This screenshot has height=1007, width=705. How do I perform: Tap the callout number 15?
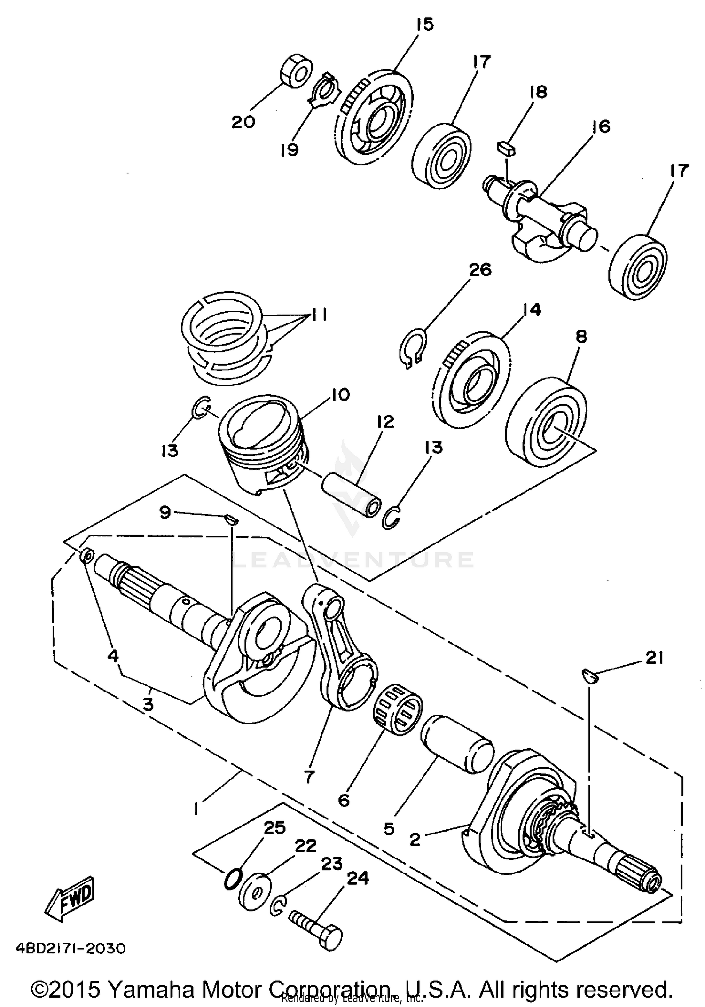pyautogui.click(x=424, y=24)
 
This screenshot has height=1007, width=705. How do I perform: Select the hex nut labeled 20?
pyautogui.click(x=296, y=72)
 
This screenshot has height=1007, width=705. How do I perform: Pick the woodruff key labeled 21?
pyautogui.click(x=588, y=676)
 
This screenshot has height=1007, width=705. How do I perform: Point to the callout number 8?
pyautogui.click(x=581, y=337)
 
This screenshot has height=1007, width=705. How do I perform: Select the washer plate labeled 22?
pyautogui.click(x=254, y=891)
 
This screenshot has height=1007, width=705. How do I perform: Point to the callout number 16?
pyautogui.click(x=601, y=126)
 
